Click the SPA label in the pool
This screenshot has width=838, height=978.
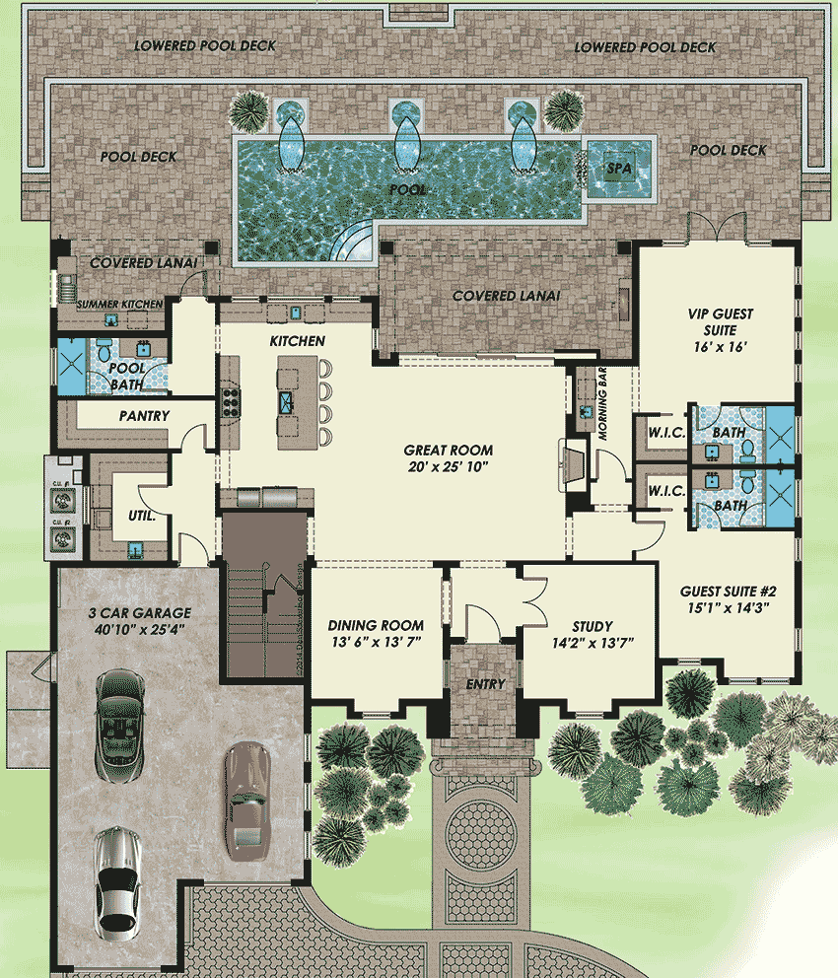pos(618,169)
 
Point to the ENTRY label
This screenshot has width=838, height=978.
pos(485,684)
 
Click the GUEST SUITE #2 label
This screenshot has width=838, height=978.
pos(729,599)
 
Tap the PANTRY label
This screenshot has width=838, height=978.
pos(144,416)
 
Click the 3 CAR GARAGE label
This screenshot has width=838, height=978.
pos(137,617)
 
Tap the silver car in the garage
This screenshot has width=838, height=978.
pos(116,882)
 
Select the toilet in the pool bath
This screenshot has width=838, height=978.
pos(104,350)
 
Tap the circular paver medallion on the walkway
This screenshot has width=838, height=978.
pos(482,836)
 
